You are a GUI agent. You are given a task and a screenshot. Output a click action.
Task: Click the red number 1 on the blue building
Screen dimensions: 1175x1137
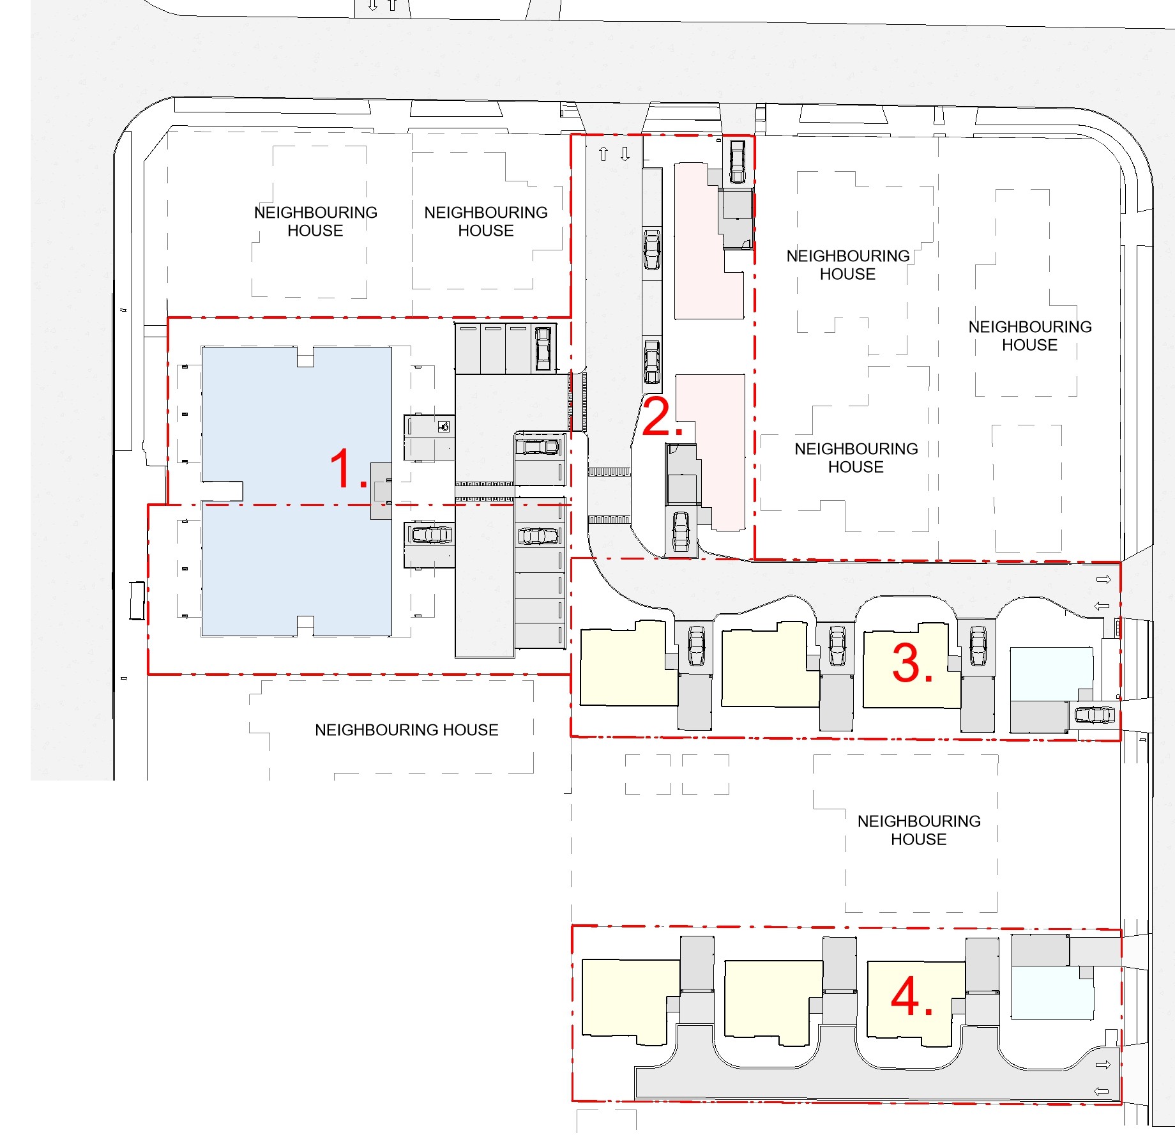coord(348,469)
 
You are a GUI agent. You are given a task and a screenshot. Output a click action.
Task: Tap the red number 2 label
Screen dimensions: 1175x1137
coord(662,417)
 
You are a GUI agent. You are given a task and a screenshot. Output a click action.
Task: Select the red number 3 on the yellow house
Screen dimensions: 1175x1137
coord(912,663)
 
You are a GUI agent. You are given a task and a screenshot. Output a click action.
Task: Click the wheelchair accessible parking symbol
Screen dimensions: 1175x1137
coord(444,426)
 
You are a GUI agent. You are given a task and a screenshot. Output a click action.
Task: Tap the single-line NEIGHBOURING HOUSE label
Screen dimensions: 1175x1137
coord(406,729)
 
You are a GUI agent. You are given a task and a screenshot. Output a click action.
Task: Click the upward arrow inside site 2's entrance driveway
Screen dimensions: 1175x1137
coord(603,154)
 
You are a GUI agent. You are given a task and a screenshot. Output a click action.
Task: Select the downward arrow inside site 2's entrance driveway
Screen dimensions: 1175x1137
coord(625,154)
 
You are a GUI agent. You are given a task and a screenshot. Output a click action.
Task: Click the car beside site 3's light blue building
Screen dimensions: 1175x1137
coord(1095,715)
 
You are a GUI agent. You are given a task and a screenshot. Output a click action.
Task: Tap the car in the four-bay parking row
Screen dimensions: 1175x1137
coord(543,348)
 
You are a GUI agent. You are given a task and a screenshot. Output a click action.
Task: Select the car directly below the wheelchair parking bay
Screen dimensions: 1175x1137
coord(431,534)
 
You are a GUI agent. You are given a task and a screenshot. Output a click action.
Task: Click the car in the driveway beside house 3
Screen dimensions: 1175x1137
coord(978,646)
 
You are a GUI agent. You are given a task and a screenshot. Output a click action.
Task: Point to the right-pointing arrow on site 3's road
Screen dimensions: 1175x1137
coord(1103,579)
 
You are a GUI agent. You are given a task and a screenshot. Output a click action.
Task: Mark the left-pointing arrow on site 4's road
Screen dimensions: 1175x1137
coord(1102,1091)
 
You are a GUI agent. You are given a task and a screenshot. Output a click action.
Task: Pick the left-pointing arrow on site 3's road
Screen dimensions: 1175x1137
coord(1102,606)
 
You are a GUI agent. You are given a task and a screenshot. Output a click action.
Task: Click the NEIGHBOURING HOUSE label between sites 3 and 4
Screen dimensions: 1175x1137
coord(919,830)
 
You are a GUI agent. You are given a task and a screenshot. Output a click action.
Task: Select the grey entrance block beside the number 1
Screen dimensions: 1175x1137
coord(381,491)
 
